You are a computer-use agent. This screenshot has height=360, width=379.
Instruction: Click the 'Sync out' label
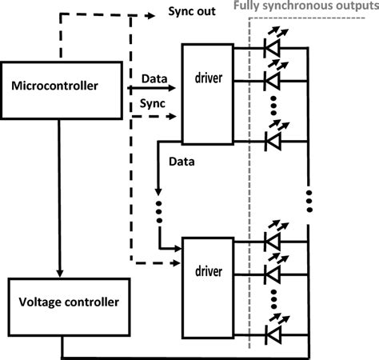[192, 13]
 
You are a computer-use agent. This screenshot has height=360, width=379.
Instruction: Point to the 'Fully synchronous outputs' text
[312, 6]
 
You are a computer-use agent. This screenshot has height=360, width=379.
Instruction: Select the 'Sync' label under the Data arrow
[154, 104]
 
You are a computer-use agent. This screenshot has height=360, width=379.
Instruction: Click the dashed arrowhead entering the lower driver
[176, 262]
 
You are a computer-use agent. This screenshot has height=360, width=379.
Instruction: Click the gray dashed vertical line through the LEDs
[250, 192]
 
